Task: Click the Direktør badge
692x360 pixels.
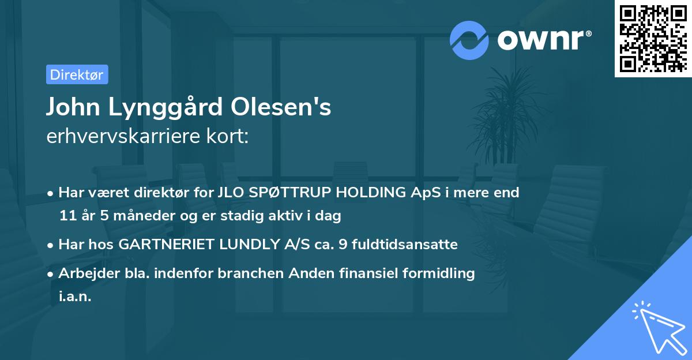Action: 77,74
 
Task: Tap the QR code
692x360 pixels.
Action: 652,39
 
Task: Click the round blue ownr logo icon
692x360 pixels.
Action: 469,40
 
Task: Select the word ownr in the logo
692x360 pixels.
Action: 544,40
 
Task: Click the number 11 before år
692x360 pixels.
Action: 67,216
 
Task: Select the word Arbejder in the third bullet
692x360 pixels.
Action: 84,273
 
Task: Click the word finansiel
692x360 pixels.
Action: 393,273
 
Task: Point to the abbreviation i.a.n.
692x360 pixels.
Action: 75,297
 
